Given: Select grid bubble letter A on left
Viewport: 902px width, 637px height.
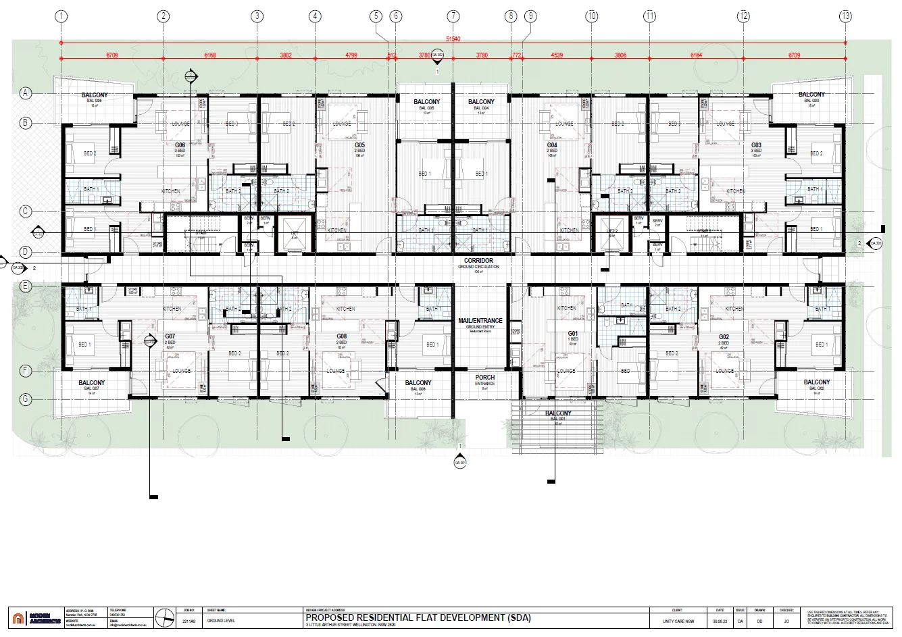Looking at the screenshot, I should click(x=26, y=93).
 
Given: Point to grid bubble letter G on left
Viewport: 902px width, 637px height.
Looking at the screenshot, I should click(x=26, y=399).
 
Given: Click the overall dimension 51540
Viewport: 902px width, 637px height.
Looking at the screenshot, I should click(x=453, y=39).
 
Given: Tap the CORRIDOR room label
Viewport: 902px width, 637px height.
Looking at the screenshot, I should click(x=478, y=261).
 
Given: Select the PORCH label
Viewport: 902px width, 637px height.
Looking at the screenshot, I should click(x=484, y=378).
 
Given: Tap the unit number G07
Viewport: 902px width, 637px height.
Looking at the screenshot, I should click(x=170, y=336).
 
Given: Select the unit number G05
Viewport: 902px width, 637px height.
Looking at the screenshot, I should click(x=359, y=145).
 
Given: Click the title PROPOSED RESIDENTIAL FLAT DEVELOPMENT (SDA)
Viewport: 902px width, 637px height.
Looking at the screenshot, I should click(x=418, y=617).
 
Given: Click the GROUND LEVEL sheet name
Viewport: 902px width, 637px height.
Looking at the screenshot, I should click(x=220, y=620).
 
